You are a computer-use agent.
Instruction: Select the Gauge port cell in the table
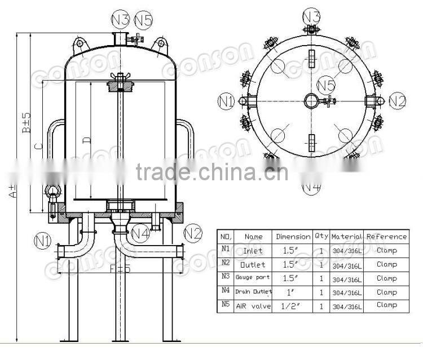[253, 278]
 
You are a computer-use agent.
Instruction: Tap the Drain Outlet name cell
[253, 292]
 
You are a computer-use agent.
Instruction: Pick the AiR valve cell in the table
[253, 306]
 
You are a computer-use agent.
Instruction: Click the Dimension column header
[293, 237]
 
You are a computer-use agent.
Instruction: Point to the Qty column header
[321, 237]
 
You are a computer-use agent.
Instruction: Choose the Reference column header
[386, 237]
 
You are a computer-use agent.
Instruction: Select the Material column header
[347, 237]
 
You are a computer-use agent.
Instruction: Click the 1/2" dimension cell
[293, 306]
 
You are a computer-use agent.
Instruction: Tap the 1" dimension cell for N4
[293, 292]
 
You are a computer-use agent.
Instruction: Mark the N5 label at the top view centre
[326, 86]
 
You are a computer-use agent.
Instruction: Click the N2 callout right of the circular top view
[397, 101]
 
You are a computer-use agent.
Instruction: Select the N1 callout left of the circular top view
[226, 101]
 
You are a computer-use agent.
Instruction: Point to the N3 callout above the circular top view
[312, 15]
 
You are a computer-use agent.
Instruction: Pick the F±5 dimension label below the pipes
[120, 269]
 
